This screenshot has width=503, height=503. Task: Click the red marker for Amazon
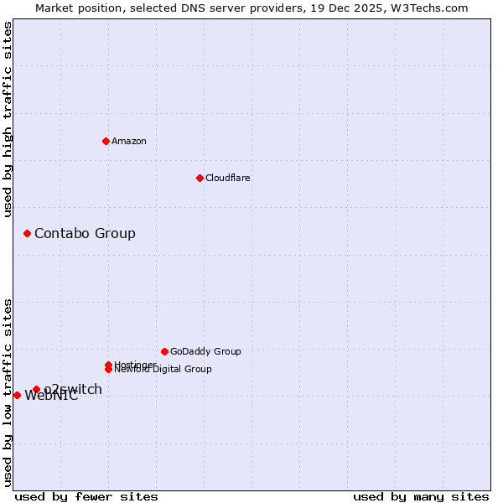click(106, 141)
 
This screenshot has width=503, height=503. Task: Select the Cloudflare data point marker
click(200, 178)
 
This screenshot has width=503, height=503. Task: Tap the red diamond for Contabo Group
click(27, 233)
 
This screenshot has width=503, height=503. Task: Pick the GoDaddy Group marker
click(164, 351)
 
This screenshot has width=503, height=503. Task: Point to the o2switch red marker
click(36, 389)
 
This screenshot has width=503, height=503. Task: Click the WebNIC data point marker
click(17, 395)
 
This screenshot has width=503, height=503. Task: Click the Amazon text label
click(129, 141)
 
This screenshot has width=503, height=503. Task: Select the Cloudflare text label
click(227, 178)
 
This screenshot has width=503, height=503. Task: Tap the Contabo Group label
click(85, 233)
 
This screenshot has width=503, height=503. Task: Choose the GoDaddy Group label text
click(205, 351)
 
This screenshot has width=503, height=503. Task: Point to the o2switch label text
click(74, 389)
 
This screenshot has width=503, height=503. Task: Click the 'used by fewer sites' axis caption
click(86, 496)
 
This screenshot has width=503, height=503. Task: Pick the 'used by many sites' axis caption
click(421, 496)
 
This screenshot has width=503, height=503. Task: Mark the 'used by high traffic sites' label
click(8, 119)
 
